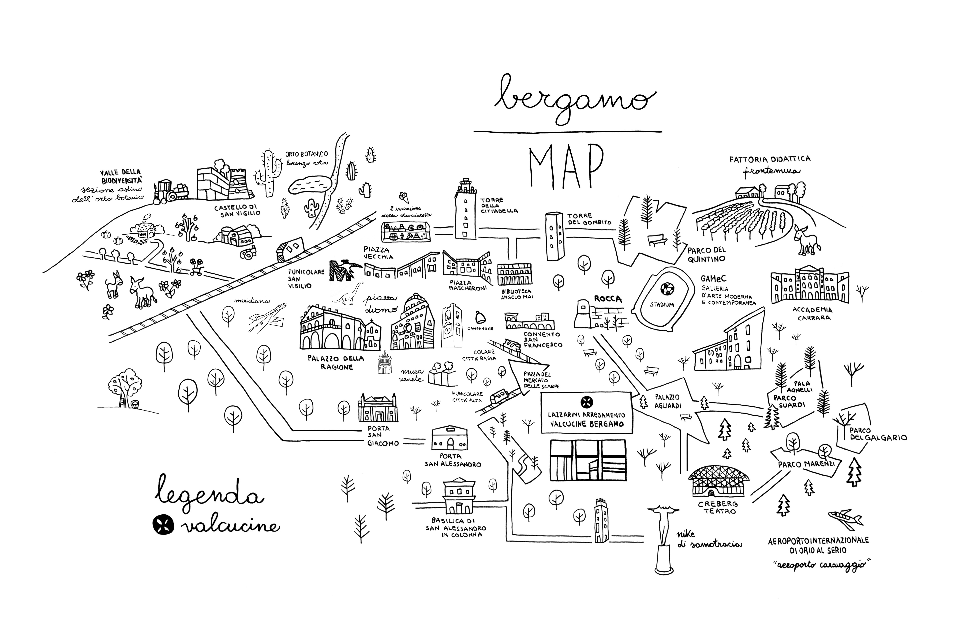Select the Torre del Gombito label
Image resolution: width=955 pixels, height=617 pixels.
(589, 219)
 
